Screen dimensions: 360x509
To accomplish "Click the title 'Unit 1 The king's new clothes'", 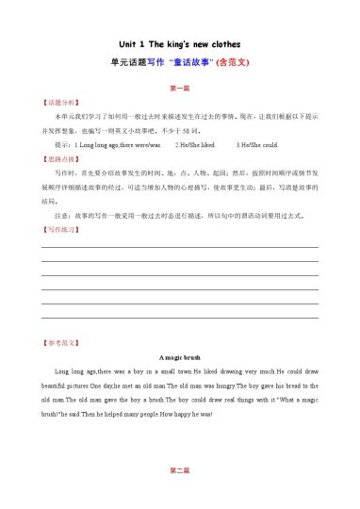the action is coord(179,44).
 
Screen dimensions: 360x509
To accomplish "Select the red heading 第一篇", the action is coord(179,88).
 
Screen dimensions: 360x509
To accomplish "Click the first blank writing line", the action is coord(179,246).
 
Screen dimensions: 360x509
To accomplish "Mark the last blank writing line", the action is coord(179,318).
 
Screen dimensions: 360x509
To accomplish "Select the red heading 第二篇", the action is coord(179,469).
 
